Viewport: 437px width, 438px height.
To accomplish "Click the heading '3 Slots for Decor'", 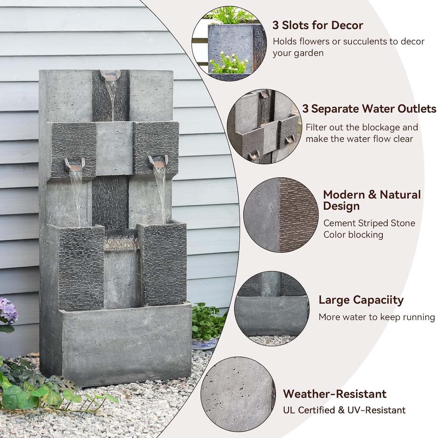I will [x=318, y=25].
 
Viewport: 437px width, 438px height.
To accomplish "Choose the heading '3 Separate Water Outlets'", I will [x=369, y=109].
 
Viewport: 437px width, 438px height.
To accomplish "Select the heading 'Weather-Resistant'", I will [x=335, y=394].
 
